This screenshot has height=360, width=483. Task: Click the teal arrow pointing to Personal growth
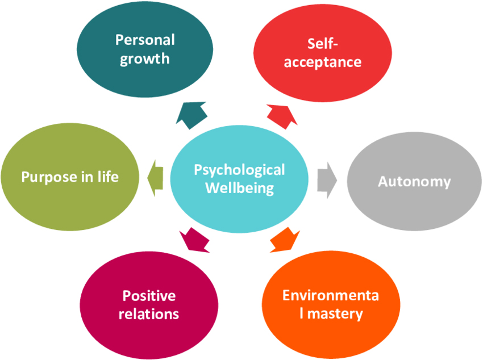point(189,113)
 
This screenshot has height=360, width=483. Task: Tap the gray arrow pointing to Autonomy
point(326,181)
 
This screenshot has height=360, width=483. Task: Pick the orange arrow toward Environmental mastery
point(285,239)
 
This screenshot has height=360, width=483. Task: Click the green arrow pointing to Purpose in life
point(155,177)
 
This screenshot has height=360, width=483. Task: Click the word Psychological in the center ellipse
point(239,170)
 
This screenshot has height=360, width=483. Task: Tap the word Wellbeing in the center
point(239,187)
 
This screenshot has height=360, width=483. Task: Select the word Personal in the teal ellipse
point(145,40)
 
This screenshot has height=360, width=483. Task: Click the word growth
point(145,58)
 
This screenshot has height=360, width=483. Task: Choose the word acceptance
point(322,62)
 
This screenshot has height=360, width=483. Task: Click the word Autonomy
point(414,182)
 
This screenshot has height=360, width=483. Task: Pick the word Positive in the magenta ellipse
point(149,296)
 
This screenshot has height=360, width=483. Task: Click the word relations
point(149,314)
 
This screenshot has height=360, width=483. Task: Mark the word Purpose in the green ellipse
point(46,177)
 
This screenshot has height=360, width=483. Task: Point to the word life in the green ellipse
point(107,177)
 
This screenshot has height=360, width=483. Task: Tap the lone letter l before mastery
point(301,313)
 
